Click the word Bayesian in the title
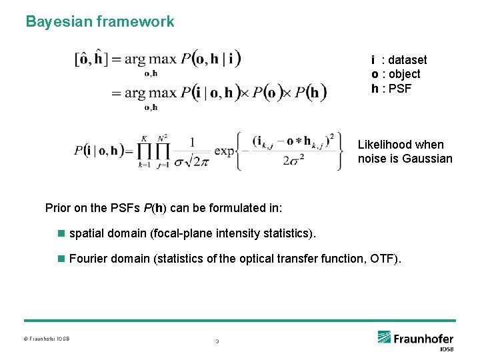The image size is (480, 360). pyautogui.click(x=58, y=21)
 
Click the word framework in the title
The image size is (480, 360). pyautogui.click(x=135, y=21)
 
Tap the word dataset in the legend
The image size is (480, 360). pyautogui.click(x=406, y=60)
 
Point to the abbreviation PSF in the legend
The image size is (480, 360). pyautogui.click(x=399, y=88)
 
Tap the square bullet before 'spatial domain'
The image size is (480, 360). pyautogui.click(x=62, y=233)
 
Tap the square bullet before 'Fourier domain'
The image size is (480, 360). pyautogui.click(x=62, y=258)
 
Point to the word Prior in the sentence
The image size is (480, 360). pyautogui.click(x=58, y=208)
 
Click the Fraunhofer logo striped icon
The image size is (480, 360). pyautogui.click(x=384, y=338)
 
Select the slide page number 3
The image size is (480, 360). pyautogui.click(x=217, y=341)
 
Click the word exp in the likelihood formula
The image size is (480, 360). pyautogui.click(x=225, y=151)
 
